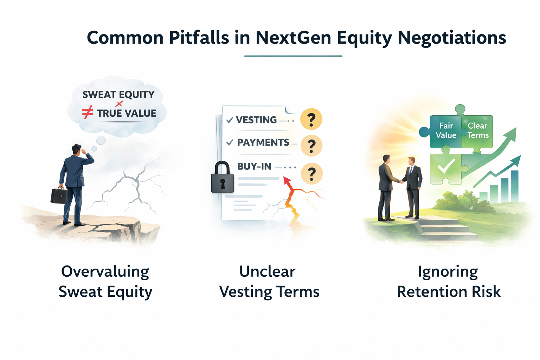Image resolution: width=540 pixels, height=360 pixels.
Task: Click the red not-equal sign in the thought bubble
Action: [x=88, y=112]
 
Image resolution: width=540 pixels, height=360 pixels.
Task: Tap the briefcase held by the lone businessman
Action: [x=59, y=195]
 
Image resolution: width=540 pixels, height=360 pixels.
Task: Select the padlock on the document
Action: [x=223, y=178]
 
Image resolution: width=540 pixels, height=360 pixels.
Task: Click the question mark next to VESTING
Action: [x=311, y=120]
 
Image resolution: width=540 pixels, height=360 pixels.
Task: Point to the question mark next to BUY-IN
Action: [x=312, y=174]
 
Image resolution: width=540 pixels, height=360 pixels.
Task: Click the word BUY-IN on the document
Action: [x=254, y=166]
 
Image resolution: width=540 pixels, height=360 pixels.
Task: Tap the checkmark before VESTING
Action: [x=230, y=120]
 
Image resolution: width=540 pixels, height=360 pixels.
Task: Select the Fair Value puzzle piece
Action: [x=445, y=131]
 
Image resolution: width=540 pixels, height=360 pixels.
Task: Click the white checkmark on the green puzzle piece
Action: [x=446, y=167]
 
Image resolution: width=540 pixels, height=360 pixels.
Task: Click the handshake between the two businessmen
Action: [x=400, y=181]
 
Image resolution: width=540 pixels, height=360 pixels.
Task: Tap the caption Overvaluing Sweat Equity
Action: [x=105, y=282]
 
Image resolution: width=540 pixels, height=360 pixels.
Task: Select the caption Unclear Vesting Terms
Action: [x=269, y=282]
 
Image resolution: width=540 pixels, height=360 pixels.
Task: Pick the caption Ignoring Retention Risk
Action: [x=449, y=282]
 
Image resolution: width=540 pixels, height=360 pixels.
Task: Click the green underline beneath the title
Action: [x=293, y=56]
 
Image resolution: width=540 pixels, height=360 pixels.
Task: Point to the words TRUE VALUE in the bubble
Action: [x=127, y=113]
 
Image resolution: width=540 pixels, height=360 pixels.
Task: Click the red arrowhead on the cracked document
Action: [x=287, y=181]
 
